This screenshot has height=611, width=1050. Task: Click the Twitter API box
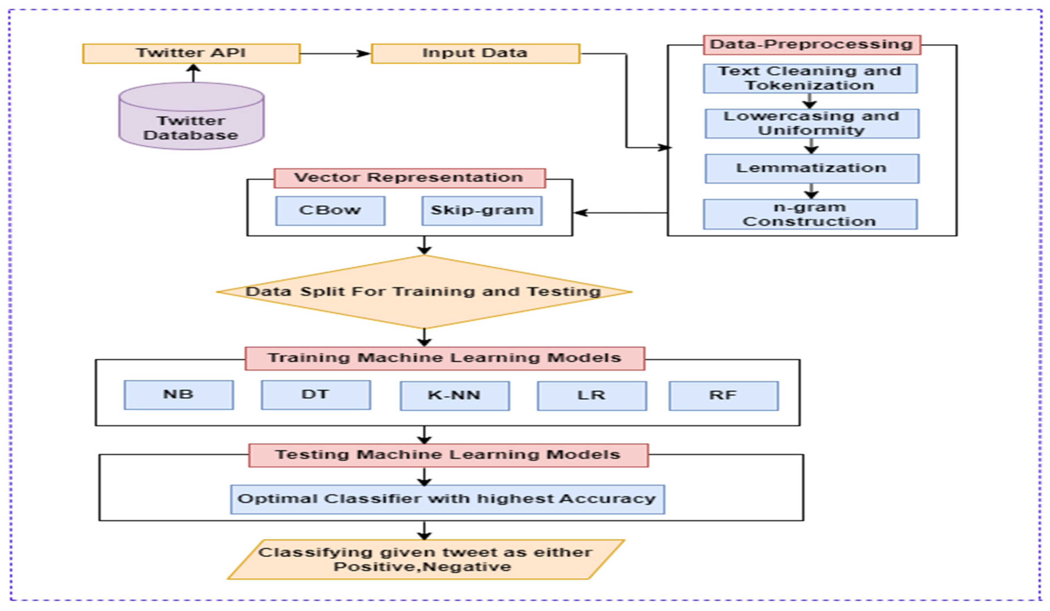pos(191,53)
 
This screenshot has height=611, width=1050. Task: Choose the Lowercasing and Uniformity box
pos(812,123)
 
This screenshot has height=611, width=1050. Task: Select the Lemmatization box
pos(812,168)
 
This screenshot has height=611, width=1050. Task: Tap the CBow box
pos(330,211)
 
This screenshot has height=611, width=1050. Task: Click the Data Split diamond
pos(424,292)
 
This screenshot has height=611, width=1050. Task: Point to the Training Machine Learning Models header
pos(445,358)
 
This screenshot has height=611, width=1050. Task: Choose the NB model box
pos(178,395)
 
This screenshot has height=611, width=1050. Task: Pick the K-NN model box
pos(455,396)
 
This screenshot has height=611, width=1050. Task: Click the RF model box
pos(723,396)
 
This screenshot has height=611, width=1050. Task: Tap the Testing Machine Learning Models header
pos(448,455)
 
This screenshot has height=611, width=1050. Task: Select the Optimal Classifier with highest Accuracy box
pos(447,499)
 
